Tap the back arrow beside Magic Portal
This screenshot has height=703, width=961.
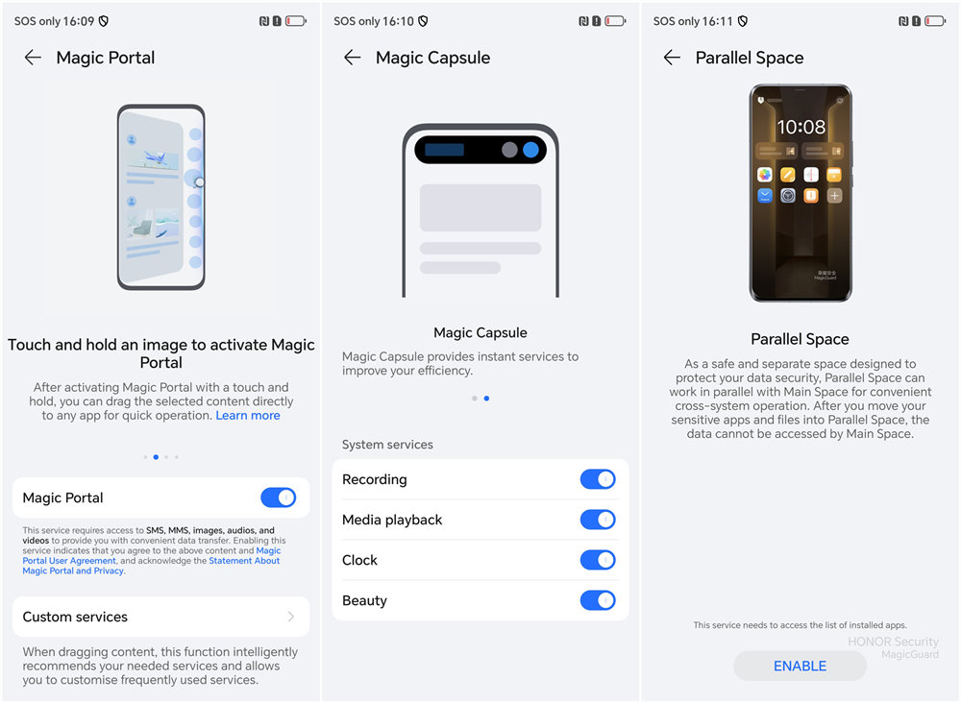[33, 58]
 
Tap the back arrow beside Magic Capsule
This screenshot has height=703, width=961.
[353, 58]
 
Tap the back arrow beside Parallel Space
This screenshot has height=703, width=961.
[673, 58]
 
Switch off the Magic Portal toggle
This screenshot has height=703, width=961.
[279, 497]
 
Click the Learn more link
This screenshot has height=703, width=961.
[248, 415]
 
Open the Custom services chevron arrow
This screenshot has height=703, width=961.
[291, 617]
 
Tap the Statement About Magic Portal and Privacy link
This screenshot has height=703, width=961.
[151, 566]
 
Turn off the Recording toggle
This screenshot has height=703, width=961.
[598, 479]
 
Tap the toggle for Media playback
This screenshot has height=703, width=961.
[598, 520]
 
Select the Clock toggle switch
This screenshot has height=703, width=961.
[598, 560]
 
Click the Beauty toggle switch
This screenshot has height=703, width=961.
[598, 600]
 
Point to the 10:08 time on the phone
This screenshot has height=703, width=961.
[801, 127]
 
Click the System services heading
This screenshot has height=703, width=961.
[387, 445]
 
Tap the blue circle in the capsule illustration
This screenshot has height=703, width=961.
[530, 150]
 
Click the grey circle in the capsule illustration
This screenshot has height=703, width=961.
[509, 150]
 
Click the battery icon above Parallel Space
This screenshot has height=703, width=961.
[935, 21]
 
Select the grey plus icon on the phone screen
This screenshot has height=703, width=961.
[834, 195]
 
